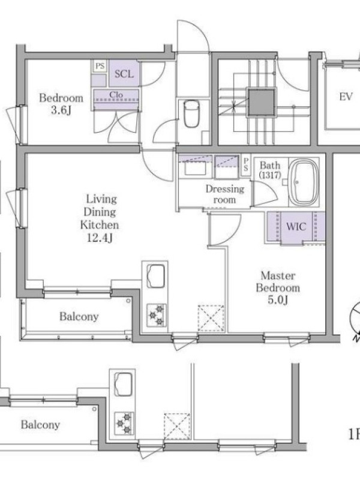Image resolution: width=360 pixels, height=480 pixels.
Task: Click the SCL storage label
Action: click(x=124, y=74)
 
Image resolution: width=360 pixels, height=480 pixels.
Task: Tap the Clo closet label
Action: click(x=116, y=95)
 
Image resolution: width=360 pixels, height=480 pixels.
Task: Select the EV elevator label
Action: click(x=346, y=97)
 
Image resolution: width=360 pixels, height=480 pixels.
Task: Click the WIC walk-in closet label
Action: click(x=296, y=227)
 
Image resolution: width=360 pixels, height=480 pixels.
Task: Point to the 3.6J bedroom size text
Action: click(x=61, y=110)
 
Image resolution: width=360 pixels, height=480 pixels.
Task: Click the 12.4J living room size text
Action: click(x=100, y=238)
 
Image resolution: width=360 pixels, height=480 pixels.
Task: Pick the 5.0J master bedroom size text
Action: click(x=278, y=300)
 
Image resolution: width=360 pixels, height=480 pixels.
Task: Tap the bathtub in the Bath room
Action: click(x=304, y=182)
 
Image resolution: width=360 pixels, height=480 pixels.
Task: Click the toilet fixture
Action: click(x=191, y=113)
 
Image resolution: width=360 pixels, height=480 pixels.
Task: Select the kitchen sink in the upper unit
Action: click(x=155, y=276)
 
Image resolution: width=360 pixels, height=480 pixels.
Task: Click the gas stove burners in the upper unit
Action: click(x=157, y=314)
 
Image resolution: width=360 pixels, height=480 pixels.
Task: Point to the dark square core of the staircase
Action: click(x=262, y=101)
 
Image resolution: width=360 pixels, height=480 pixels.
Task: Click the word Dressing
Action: click(x=225, y=189)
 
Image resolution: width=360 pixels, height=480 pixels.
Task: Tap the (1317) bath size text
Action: click(x=270, y=175)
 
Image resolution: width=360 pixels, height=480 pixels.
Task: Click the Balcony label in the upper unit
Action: click(x=79, y=316)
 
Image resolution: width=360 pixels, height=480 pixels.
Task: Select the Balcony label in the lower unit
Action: click(x=40, y=425)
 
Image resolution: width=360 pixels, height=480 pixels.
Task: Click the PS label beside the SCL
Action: click(x=100, y=66)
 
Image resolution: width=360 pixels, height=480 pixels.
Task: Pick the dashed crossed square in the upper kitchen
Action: click(x=211, y=318)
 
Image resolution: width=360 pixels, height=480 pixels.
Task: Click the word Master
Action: click(x=278, y=275)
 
